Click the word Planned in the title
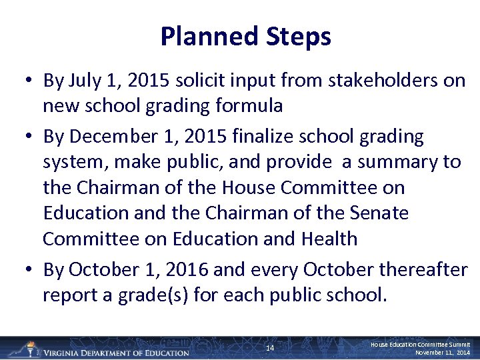(202, 37)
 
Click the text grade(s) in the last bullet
(156, 295)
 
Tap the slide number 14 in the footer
(270, 349)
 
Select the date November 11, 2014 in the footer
(443, 352)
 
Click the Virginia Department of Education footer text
(116, 352)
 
